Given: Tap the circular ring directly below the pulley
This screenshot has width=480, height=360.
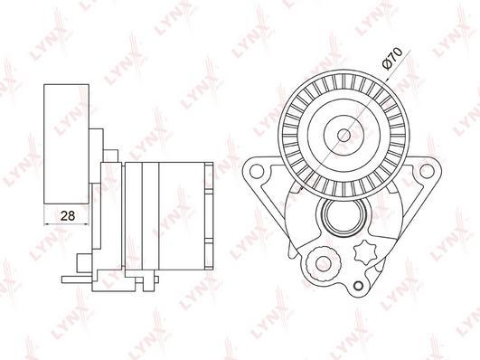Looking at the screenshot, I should point(344,218).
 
